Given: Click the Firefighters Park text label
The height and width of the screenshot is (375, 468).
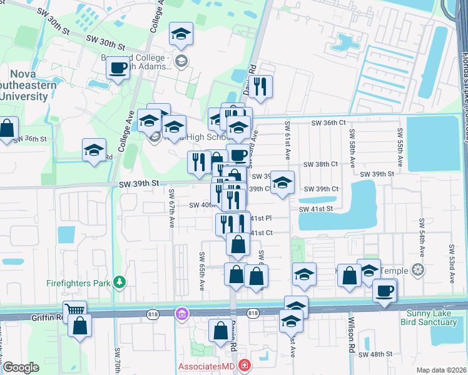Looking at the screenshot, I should [x=78, y=282].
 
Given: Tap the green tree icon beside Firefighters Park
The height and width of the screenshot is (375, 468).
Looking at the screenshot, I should [x=118, y=282].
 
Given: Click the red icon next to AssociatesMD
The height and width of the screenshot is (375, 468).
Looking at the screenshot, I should [x=245, y=365].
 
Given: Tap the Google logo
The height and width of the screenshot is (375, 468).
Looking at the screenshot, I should [x=21, y=367].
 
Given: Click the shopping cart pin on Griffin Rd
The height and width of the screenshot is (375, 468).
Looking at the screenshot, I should [x=74, y=310].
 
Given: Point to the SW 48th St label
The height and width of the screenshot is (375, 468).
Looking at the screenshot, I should [x=375, y=354].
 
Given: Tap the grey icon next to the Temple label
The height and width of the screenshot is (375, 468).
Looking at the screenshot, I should [x=419, y=271].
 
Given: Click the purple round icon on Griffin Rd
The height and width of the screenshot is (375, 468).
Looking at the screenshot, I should [x=182, y=312].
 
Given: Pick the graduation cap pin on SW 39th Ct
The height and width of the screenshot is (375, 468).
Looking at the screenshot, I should [x=282, y=183].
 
